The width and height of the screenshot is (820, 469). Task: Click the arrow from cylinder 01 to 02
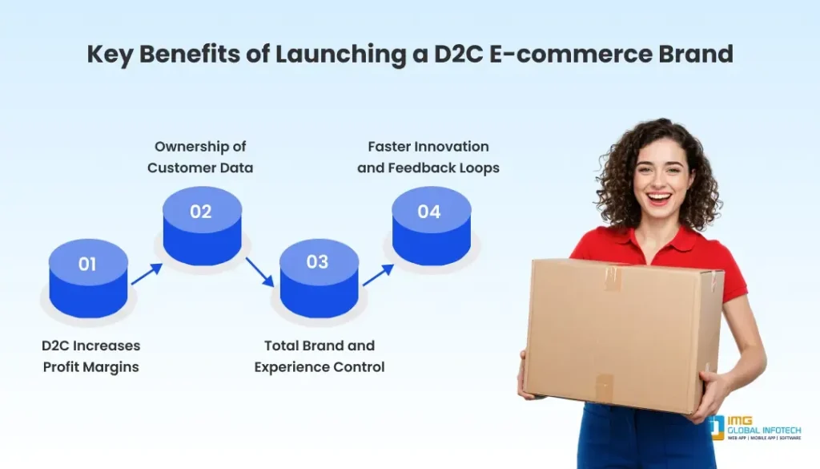(x=146, y=273)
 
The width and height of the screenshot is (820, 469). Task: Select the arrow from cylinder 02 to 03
(x=259, y=271)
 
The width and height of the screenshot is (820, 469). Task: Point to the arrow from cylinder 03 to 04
(x=378, y=275)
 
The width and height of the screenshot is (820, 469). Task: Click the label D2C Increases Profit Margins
(x=90, y=356)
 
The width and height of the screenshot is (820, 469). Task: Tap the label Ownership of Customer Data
(x=200, y=156)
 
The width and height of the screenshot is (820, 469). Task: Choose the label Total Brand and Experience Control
(x=320, y=356)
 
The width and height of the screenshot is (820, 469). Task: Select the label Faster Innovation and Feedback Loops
(x=428, y=156)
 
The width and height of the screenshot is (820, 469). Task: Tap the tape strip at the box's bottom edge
(x=605, y=388)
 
